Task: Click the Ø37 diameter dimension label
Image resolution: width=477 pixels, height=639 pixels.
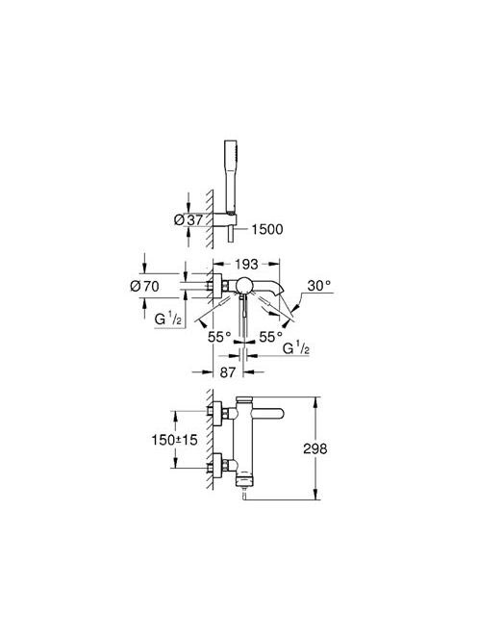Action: pyautogui.click(x=188, y=220)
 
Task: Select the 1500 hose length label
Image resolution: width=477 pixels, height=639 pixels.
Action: pyautogui.click(x=266, y=229)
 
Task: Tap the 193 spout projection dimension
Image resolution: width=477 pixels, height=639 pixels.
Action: pyautogui.click(x=246, y=264)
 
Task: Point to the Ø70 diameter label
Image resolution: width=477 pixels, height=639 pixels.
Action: pyautogui.click(x=144, y=287)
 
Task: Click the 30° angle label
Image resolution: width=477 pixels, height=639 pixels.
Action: pyautogui.click(x=319, y=286)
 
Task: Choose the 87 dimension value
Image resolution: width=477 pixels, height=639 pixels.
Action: pyautogui.click(x=228, y=371)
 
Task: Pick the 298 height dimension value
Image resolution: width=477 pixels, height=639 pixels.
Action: pyautogui.click(x=314, y=448)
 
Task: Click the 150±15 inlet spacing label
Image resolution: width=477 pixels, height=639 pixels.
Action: pyautogui.click(x=174, y=440)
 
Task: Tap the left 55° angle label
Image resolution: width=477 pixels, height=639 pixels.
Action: pyautogui.click(x=219, y=337)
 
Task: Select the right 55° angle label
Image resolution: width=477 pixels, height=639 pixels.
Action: pyautogui.click(x=271, y=337)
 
